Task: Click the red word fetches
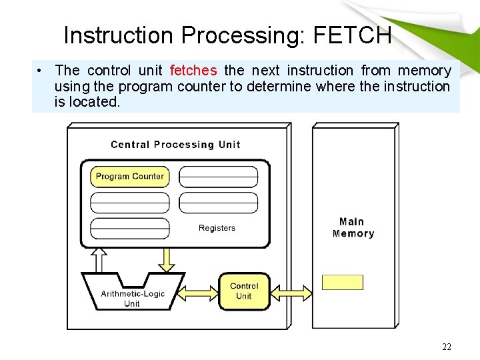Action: (x=193, y=70)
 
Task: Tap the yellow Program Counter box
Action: (x=130, y=177)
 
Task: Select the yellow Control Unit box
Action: (x=244, y=291)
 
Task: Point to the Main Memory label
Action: (x=353, y=227)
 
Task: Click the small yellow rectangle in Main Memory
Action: (x=343, y=282)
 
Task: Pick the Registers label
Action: (x=217, y=228)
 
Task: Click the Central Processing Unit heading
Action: (x=175, y=145)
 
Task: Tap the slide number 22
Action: (x=447, y=347)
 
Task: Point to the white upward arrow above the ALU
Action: (x=99, y=259)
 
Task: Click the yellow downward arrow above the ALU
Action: (x=167, y=259)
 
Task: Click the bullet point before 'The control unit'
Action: (x=41, y=71)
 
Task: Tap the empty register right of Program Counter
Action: (x=218, y=177)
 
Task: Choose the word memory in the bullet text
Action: (x=425, y=70)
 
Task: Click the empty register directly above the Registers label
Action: (x=218, y=203)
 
